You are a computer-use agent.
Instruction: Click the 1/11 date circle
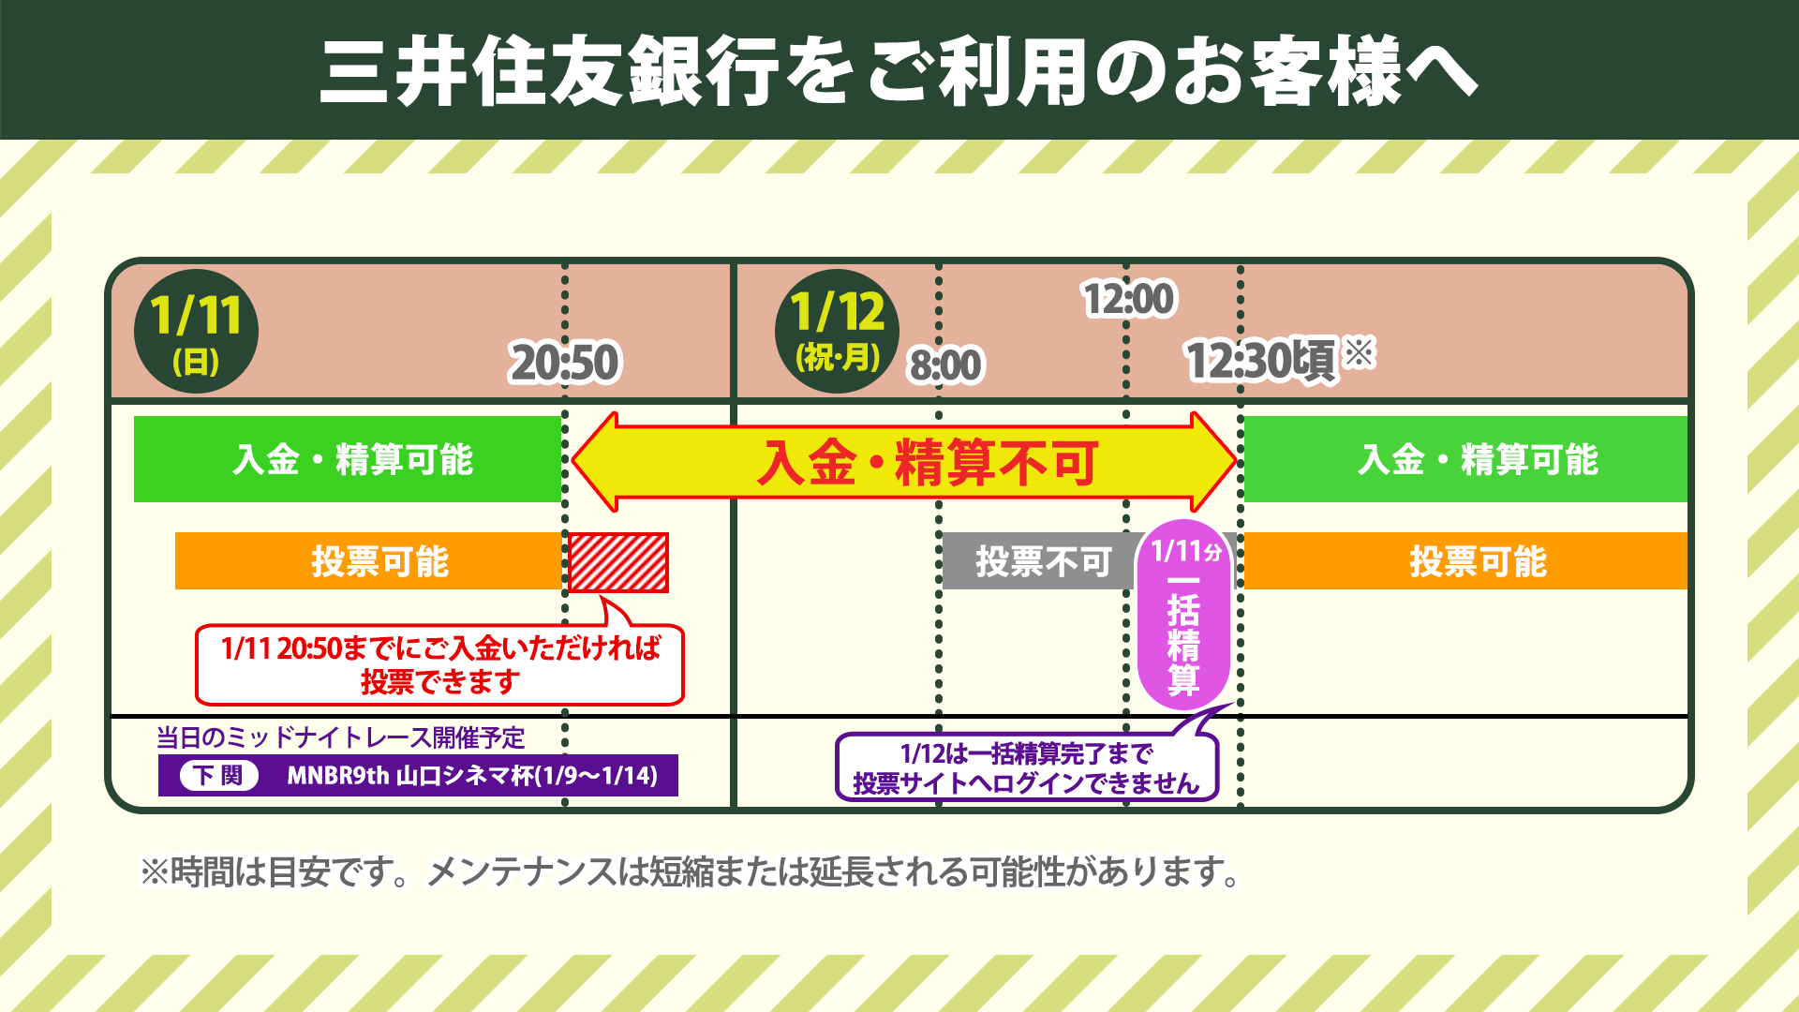coord(197,331)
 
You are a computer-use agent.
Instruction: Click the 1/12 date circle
coord(837,331)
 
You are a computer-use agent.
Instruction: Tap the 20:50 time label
coord(564,363)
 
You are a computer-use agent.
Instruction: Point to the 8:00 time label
coord(945,365)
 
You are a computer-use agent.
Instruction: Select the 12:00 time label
coord(1128,299)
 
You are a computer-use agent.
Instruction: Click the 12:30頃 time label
coord(1261,361)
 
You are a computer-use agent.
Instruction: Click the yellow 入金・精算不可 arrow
coord(904,462)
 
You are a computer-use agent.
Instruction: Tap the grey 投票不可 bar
coord(1038,561)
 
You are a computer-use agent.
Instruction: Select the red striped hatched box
coord(618,562)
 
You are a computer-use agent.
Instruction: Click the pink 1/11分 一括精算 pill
coord(1184,615)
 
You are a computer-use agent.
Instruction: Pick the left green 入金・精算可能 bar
coord(348,459)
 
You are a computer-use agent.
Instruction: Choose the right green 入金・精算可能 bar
coord(1465,459)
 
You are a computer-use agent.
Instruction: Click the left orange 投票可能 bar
coord(368,561)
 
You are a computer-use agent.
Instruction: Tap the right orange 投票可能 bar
coord(1465,561)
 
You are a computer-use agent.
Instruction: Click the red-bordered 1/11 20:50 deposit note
coord(439,664)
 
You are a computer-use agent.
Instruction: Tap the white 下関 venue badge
coord(219,776)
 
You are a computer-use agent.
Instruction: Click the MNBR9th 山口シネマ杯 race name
coord(472,776)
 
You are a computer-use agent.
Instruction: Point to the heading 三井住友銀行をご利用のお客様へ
coord(898,71)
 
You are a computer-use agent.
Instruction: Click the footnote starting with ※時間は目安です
coord(690,872)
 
